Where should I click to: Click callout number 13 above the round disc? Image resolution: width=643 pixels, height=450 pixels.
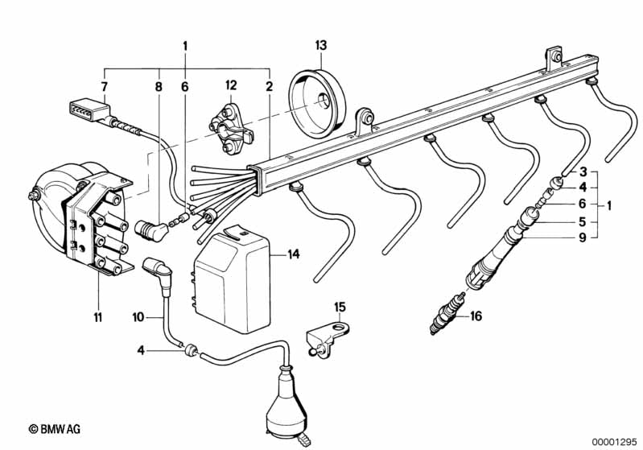[x=321, y=44]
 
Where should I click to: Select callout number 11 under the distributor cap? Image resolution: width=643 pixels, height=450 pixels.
[x=97, y=318]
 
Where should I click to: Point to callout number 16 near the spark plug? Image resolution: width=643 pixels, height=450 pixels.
[x=476, y=316]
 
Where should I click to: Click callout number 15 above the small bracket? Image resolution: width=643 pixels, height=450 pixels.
[x=340, y=307]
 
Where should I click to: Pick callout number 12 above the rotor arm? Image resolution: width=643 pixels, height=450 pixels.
[x=232, y=85]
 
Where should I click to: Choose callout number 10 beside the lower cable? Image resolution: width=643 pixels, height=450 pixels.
[x=138, y=318]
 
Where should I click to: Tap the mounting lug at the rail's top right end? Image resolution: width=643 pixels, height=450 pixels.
[x=554, y=58]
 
